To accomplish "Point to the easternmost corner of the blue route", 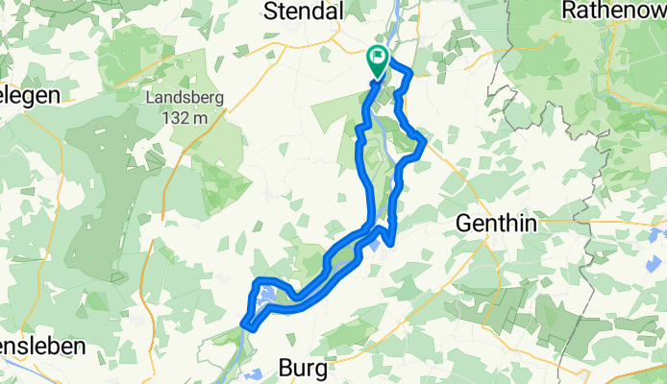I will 424,142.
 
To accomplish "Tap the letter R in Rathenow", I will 568,11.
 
